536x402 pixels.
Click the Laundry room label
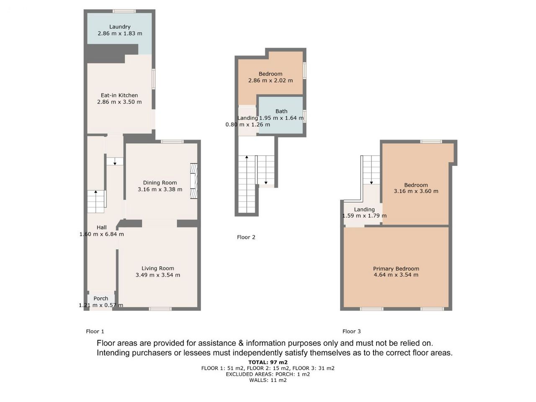tap(120, 27)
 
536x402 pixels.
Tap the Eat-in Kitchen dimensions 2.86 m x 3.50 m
tap(119, 102)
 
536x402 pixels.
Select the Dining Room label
tap(160, 183)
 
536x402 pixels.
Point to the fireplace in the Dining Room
tap(193, 181)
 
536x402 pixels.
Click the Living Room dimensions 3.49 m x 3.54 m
tap(158, 275)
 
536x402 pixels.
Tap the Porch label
tap(100, 299)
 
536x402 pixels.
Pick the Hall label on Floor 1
tap(102, 227)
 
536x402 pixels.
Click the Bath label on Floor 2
tap(281, 111)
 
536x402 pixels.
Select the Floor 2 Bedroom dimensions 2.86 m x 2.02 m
tap(271, 80)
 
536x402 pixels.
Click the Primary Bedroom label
tap(396, 269)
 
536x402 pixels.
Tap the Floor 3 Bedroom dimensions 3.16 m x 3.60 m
tap(416, 191)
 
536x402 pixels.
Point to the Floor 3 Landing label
tap(364, 210)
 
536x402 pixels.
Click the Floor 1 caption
tap(95, 332)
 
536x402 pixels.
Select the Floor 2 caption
tap(246, 237)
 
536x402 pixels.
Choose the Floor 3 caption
tap(351, 332)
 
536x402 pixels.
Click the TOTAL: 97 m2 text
tap(268, 363)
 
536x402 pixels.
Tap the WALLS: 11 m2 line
tap(268, 380)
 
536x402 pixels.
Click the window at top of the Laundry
tap(124, 11)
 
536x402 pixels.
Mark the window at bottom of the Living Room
tap(160, 309)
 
